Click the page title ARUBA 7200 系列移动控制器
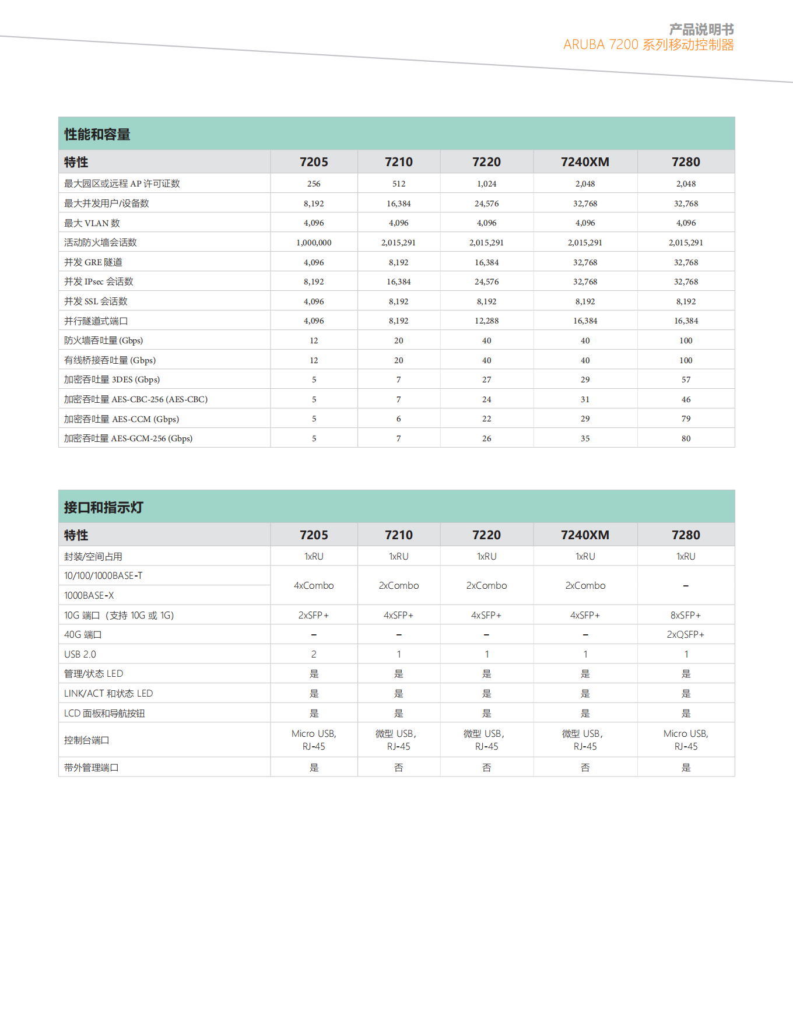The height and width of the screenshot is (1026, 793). pos(648,45)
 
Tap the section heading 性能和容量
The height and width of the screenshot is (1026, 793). pos(97,135)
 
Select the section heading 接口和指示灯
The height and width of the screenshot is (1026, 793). pos(103,508)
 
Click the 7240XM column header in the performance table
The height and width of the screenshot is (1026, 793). pos(585,162)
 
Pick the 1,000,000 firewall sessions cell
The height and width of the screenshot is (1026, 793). pos(314,243)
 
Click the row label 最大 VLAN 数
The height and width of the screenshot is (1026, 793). pos(92,223)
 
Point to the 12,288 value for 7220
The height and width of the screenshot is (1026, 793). pos(486,321)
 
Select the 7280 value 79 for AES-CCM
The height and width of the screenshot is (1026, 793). pos(686,419)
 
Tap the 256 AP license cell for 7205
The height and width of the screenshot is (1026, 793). pos(314,184)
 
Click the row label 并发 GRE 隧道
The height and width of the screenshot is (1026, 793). pos(93,262)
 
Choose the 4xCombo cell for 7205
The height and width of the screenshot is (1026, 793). pos(314,585)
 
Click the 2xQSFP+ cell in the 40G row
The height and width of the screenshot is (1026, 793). pos(686,634)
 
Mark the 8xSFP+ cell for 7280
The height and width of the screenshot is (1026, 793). pos(686,615)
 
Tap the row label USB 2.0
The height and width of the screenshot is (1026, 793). pos(80,654)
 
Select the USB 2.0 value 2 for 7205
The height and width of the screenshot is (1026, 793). pos(314,654)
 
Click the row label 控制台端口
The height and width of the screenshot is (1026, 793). pos(87,740)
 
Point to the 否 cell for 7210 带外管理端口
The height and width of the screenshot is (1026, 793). pos(399,768)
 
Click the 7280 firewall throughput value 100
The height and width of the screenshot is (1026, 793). pos(686,340)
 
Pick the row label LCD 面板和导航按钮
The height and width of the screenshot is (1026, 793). pos(104,714)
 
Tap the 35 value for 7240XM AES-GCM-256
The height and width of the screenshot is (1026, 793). pos(585,438)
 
